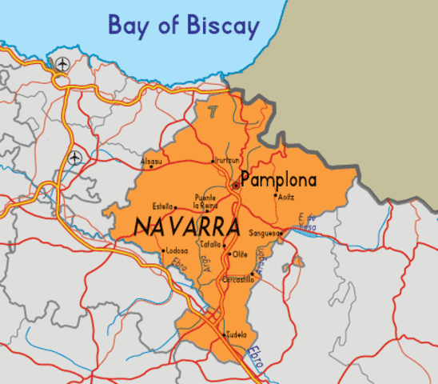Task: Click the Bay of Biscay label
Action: coord(184,26)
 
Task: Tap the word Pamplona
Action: coord(278,180)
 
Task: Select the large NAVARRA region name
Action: coord(188,226)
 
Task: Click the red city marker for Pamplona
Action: coord(235,186)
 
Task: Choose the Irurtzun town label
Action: coord(225,161)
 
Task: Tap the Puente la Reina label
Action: coord(205,201)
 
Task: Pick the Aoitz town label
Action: coord(285,195)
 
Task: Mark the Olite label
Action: coord(240,254)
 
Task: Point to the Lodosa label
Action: coord(177,250)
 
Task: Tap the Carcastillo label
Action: coord(237,279)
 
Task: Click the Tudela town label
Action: coord(237,334)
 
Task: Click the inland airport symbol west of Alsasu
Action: coord(75,158)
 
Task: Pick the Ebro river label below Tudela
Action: coord(254,354)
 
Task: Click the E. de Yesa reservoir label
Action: coord(306,223)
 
